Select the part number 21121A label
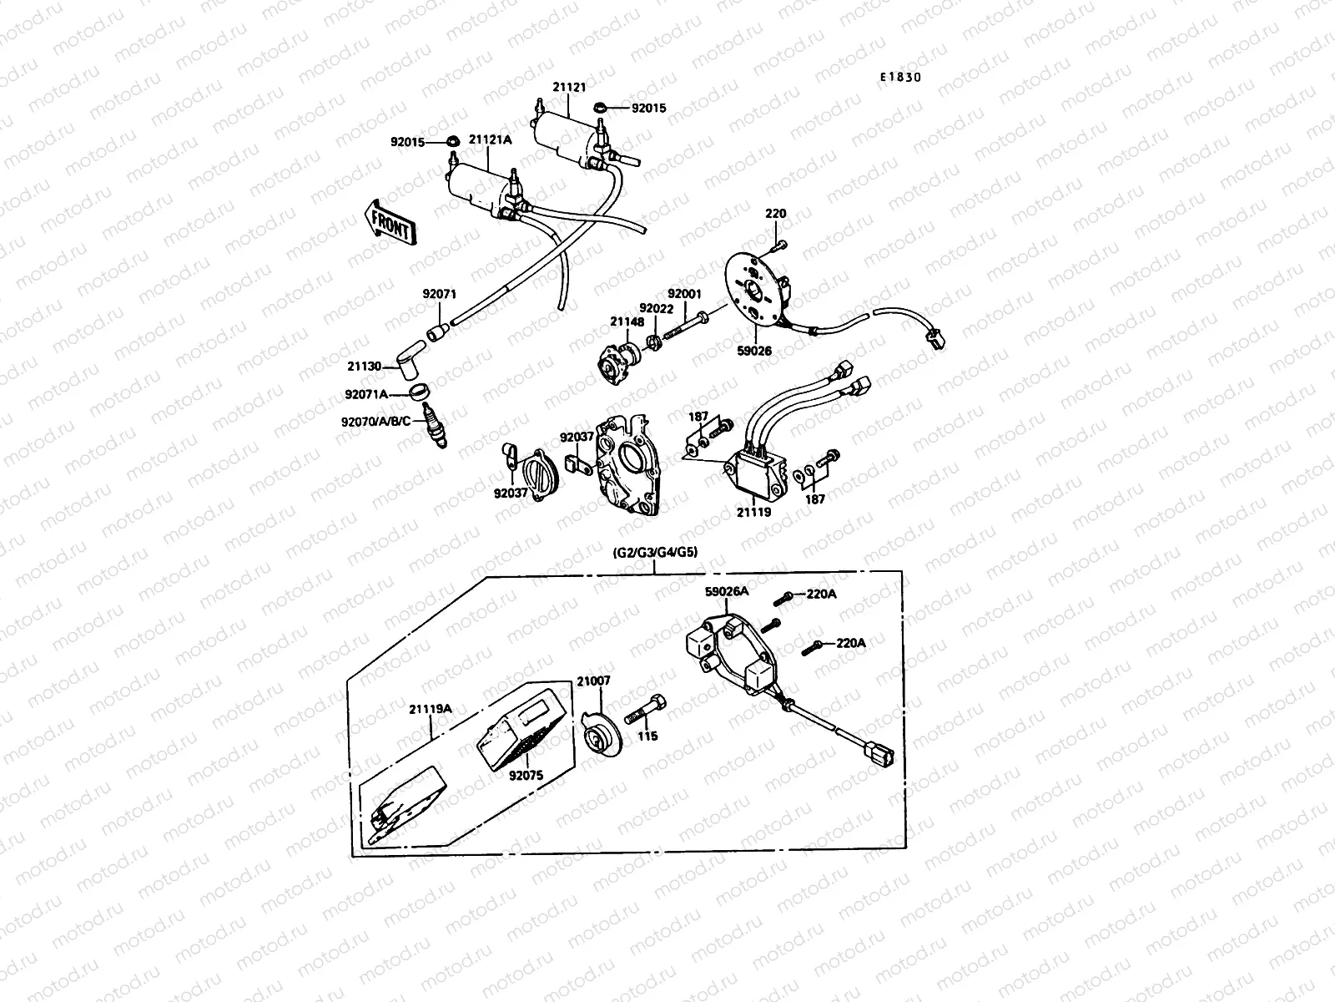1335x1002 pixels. coord(490,140)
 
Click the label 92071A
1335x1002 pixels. coord(366,393)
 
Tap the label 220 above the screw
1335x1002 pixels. coord(775,214)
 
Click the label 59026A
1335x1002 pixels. coord(727,591)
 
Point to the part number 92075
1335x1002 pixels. coord(526,775)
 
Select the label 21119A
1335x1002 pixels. coord(431,709)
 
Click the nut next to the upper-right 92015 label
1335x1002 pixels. coord(599,108)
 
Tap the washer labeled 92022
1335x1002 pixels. coord(655,342)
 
